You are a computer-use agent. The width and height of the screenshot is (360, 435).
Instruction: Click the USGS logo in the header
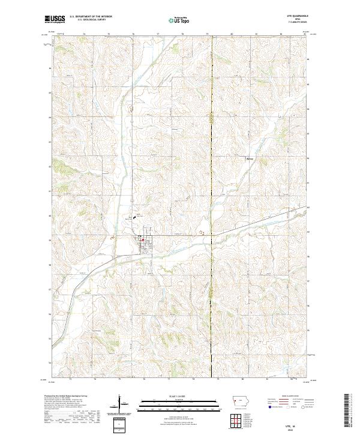click(x=53, y=19)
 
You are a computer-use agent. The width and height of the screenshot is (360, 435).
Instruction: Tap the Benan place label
click(x=250, y=158)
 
